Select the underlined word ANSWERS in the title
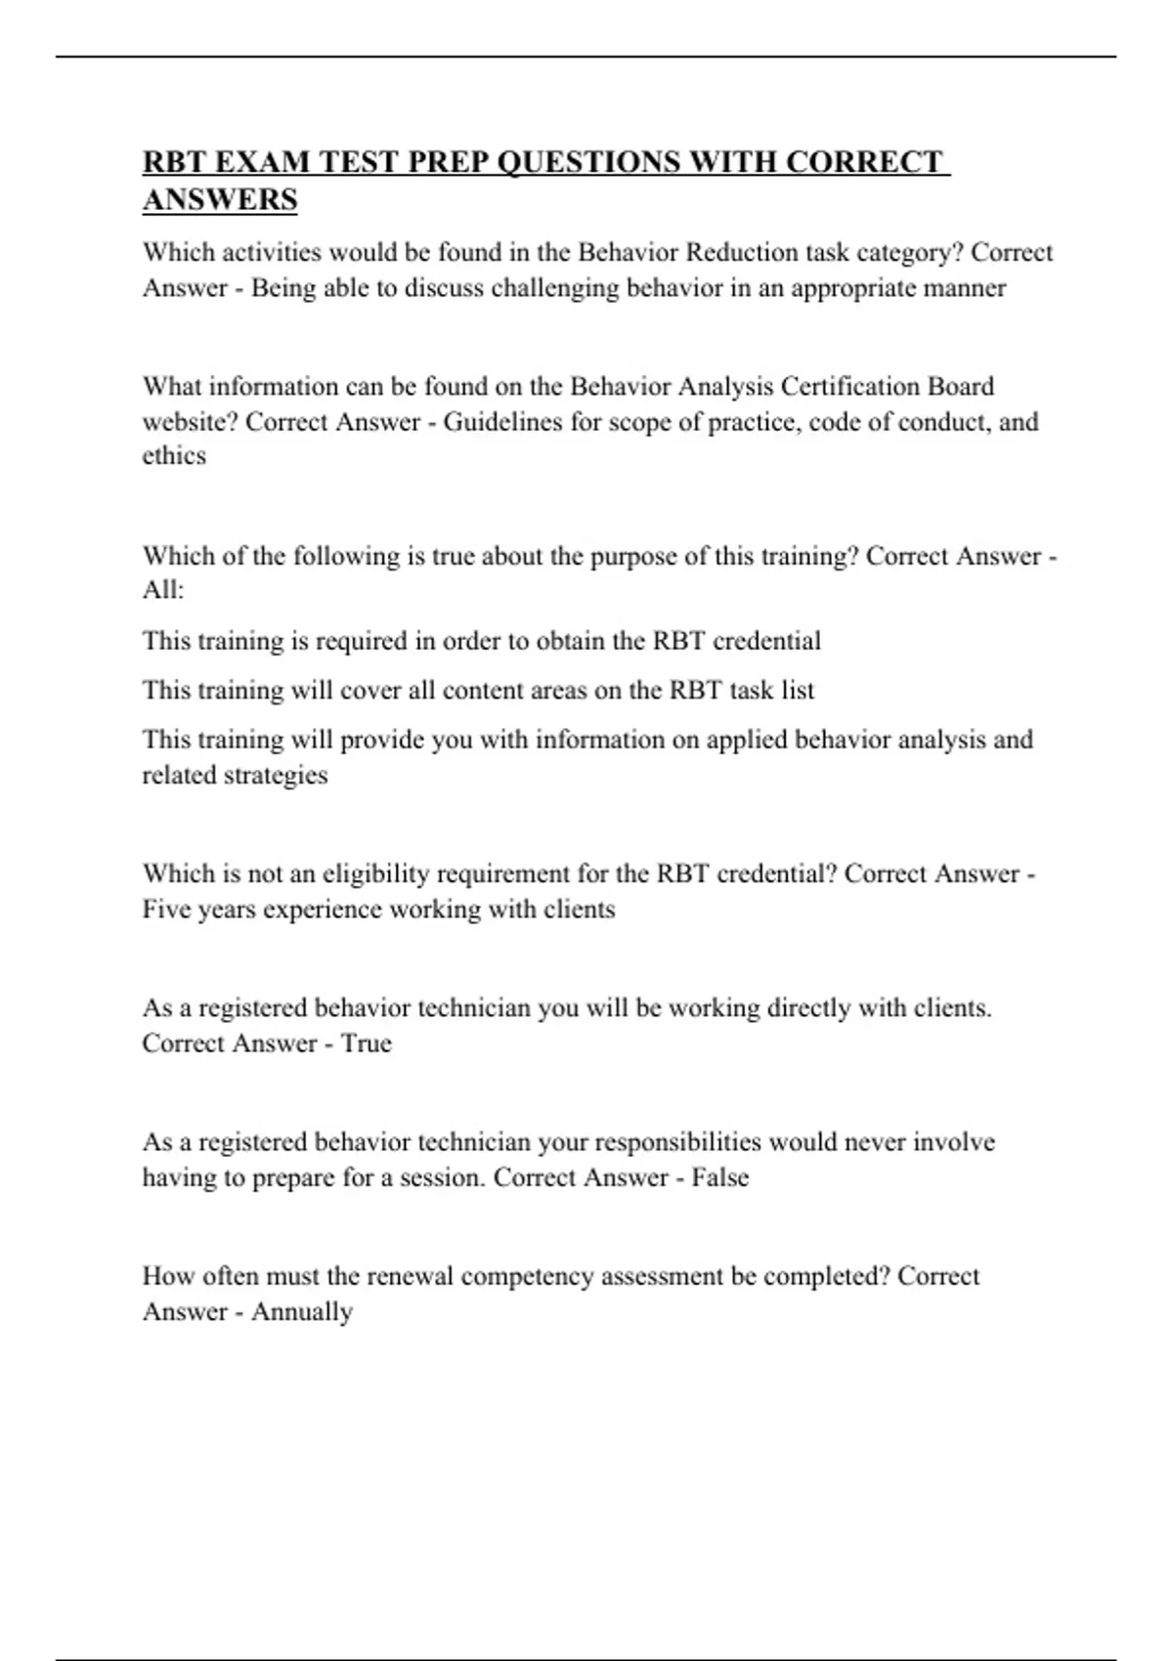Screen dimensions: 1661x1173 click(220, 199)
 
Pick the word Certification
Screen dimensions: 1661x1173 click(849, 386)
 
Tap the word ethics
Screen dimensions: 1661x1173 click(174, 456)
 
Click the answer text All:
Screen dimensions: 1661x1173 click(162, 591)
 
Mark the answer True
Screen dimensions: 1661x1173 click(367, 1043)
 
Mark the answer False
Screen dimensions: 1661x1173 click(719, 1177)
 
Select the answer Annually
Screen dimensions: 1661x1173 click(302, 1312)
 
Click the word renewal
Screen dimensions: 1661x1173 click(410, 1276)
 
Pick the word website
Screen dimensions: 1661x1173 click(191, 422)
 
